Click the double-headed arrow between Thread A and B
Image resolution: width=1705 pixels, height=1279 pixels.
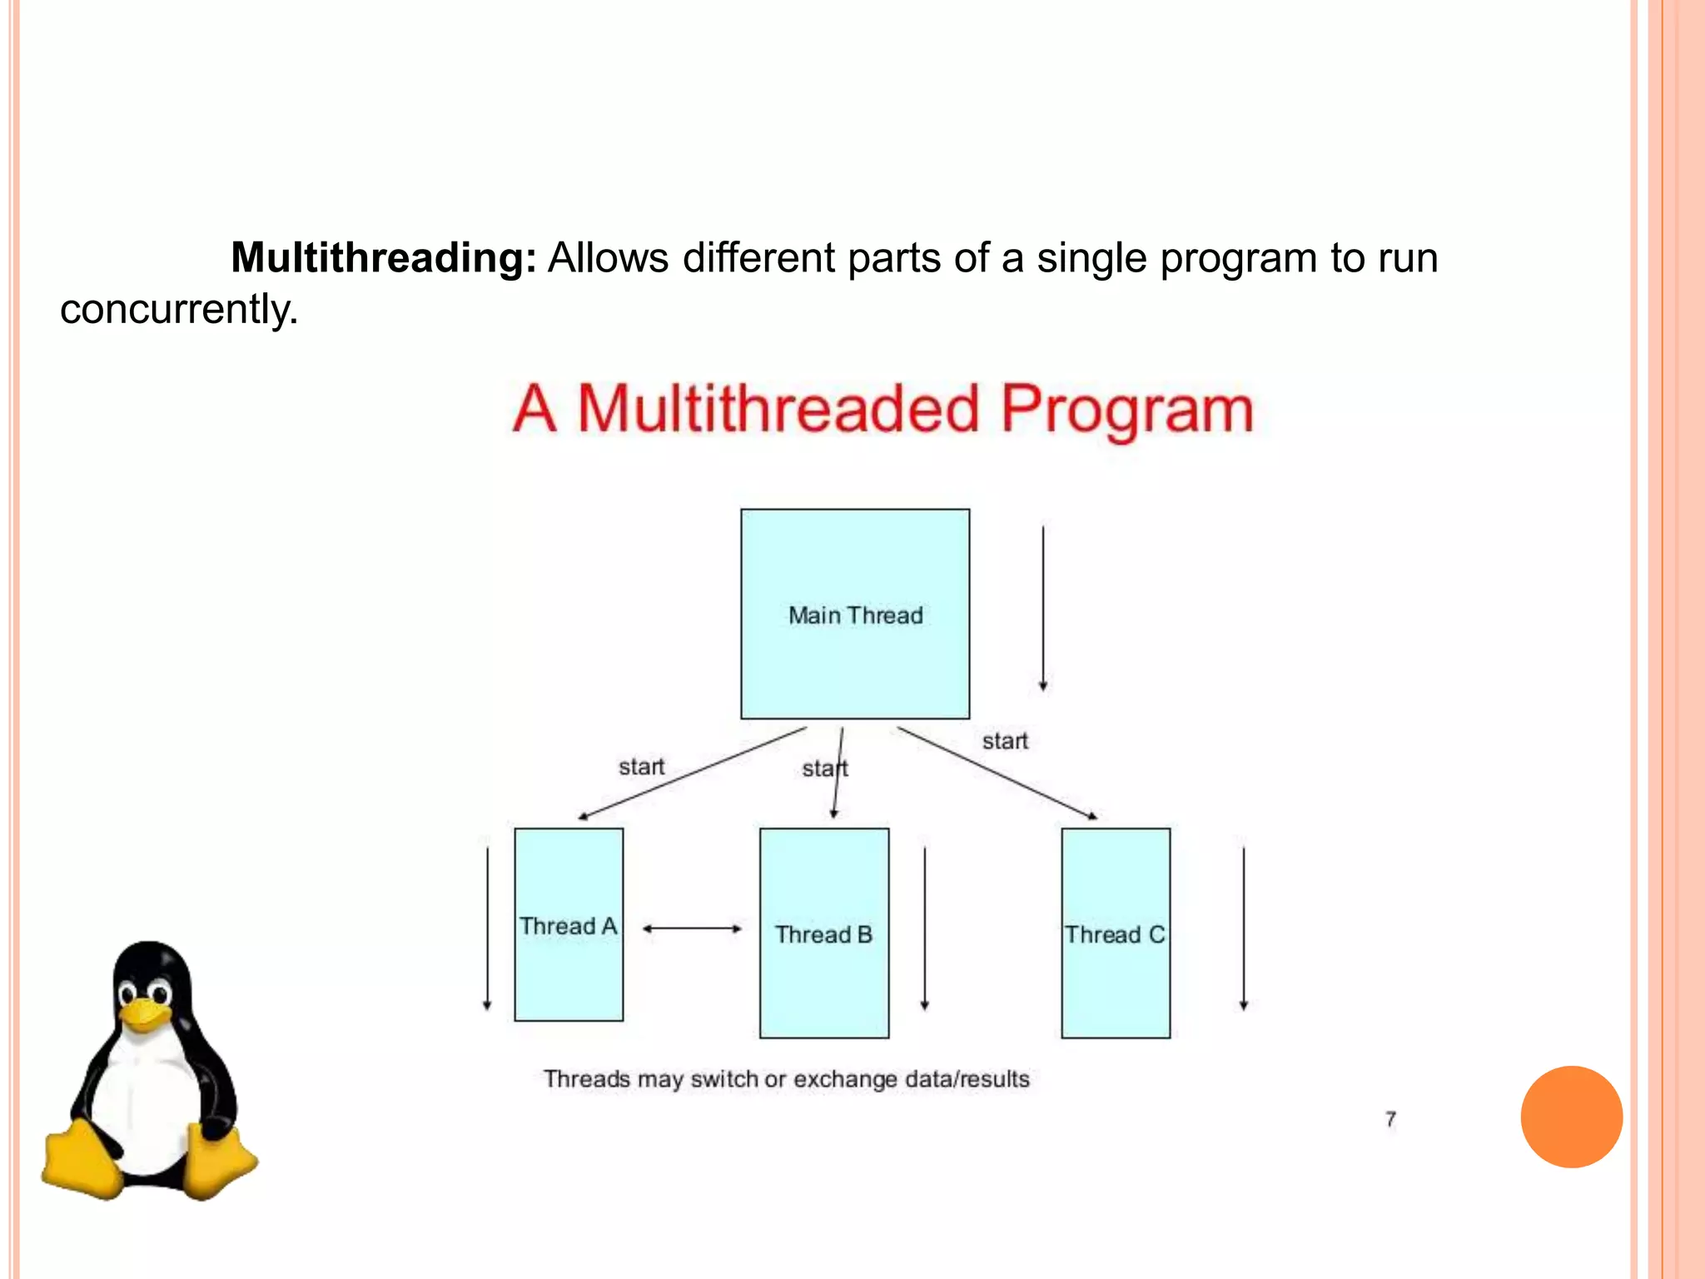click(692, 928)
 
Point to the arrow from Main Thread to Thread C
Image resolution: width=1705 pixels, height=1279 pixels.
click(997, 774)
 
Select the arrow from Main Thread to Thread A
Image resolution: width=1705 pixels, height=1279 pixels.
click(691, 774)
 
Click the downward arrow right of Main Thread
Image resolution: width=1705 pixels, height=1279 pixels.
click(1043, 608)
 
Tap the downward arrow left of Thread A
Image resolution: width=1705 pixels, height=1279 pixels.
click(488, 928)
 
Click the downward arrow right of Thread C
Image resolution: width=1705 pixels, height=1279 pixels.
click(1244, 928)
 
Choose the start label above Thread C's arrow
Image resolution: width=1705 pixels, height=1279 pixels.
click(1005, 741)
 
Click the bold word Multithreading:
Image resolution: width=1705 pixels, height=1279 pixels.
click(384, 257)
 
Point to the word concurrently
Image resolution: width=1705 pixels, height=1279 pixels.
click(178, 309)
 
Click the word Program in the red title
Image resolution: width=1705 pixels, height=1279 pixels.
click(1126, 410)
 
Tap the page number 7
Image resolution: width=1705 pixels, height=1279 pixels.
click(1390, 1119)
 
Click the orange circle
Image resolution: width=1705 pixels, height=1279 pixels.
click(1571, 1117)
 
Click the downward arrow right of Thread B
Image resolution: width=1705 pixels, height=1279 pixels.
click(925, 928)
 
